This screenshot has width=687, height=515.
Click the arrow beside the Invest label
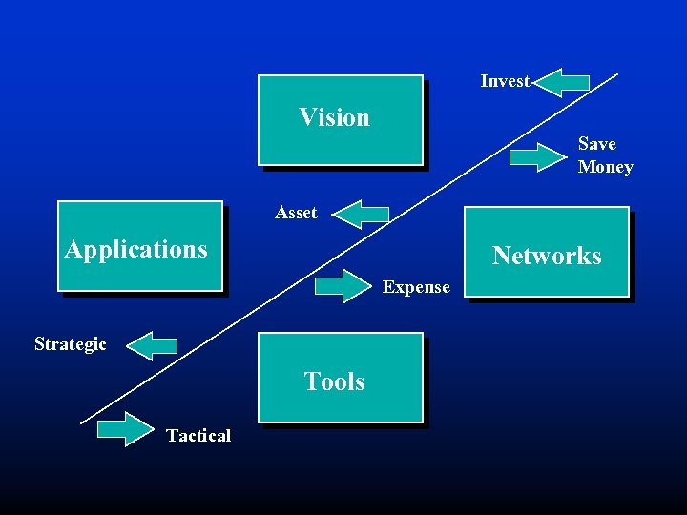coord(561,82)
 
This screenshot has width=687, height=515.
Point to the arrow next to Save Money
coord(539,155)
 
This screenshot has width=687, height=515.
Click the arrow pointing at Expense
coord(343,286)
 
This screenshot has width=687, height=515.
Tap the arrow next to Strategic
coord(152,344)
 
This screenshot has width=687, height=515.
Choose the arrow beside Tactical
coord(125,430)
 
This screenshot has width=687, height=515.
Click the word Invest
coord(505,81)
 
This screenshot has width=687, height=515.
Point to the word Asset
coord(296,213)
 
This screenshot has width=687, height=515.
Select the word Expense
coord(416,287)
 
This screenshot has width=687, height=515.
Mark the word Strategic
coord(71,343)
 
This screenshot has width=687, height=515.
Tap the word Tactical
coord(198,435)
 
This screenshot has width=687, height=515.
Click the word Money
coord(605,167)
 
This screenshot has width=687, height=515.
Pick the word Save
coord(597,144)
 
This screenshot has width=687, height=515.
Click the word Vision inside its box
coord(334,117)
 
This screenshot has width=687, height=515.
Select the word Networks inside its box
coord(547,256)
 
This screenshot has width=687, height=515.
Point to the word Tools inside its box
coord(334,381)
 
